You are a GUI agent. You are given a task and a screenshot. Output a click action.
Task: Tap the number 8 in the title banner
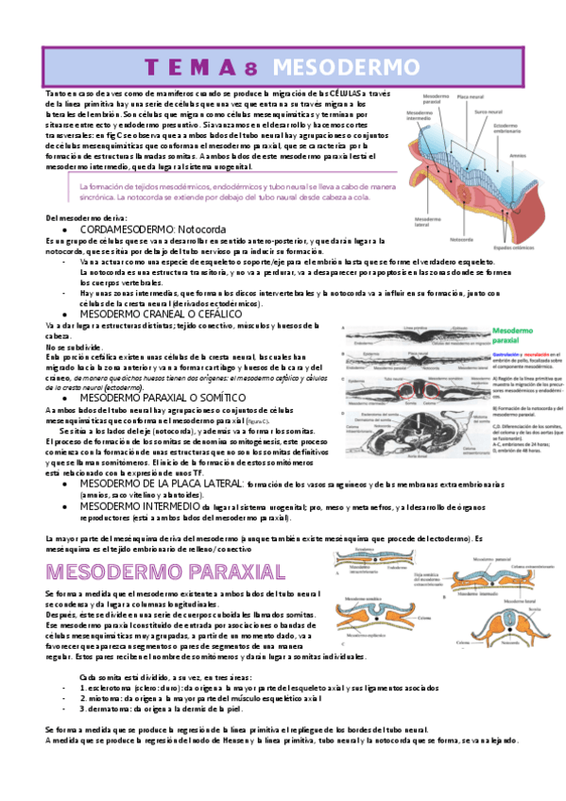tap(250, 67)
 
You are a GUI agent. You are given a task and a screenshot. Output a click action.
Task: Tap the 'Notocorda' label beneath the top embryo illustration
tap(466, 239)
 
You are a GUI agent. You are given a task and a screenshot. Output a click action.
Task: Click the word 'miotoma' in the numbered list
tap(102, 698)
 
